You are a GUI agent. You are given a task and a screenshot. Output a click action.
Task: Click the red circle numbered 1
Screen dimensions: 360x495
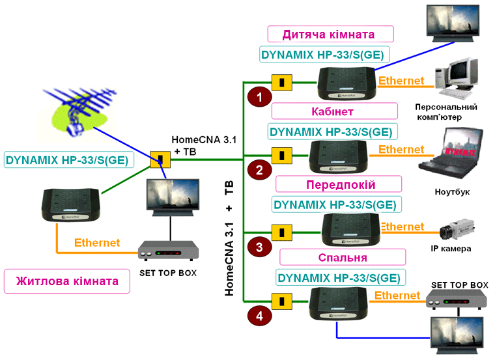coord(260,98)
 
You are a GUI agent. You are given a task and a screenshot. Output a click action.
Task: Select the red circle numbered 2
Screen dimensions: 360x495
coord(260,171)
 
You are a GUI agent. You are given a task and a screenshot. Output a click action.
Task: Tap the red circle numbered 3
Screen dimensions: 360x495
coord(260,247)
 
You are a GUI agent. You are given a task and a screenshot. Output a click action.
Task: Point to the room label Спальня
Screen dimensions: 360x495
coord(342,257)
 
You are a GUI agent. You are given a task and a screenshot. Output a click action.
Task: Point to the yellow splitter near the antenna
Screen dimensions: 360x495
coord(159,159)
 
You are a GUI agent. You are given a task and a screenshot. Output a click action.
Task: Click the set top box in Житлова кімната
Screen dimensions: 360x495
coord(169,249)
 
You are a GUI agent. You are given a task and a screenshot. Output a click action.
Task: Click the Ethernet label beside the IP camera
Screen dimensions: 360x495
coord(402,227)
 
